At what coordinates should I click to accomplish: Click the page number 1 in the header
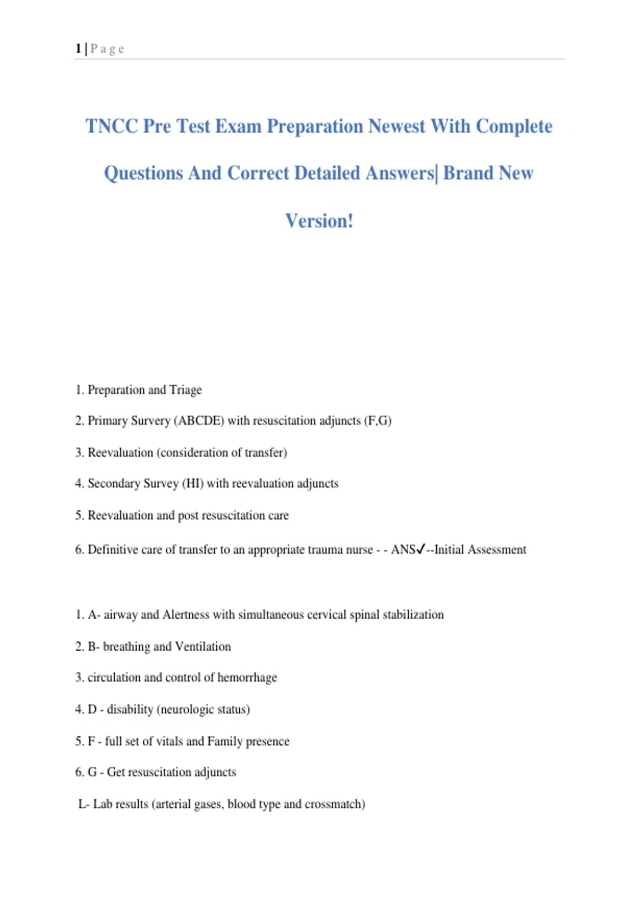(78, 49)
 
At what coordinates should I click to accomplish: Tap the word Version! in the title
(319, 221)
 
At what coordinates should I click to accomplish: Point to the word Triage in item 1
(186, 390)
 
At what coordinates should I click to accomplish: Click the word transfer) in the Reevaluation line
(266, 453)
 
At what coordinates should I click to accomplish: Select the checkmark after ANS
(421, 549)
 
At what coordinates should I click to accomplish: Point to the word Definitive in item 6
(113, 549)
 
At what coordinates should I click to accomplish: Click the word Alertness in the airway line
(186, 615)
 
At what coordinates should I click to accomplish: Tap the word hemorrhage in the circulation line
(247, 677)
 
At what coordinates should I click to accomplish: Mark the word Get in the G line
(116, 772)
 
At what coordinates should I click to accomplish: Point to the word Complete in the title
(514, 127)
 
